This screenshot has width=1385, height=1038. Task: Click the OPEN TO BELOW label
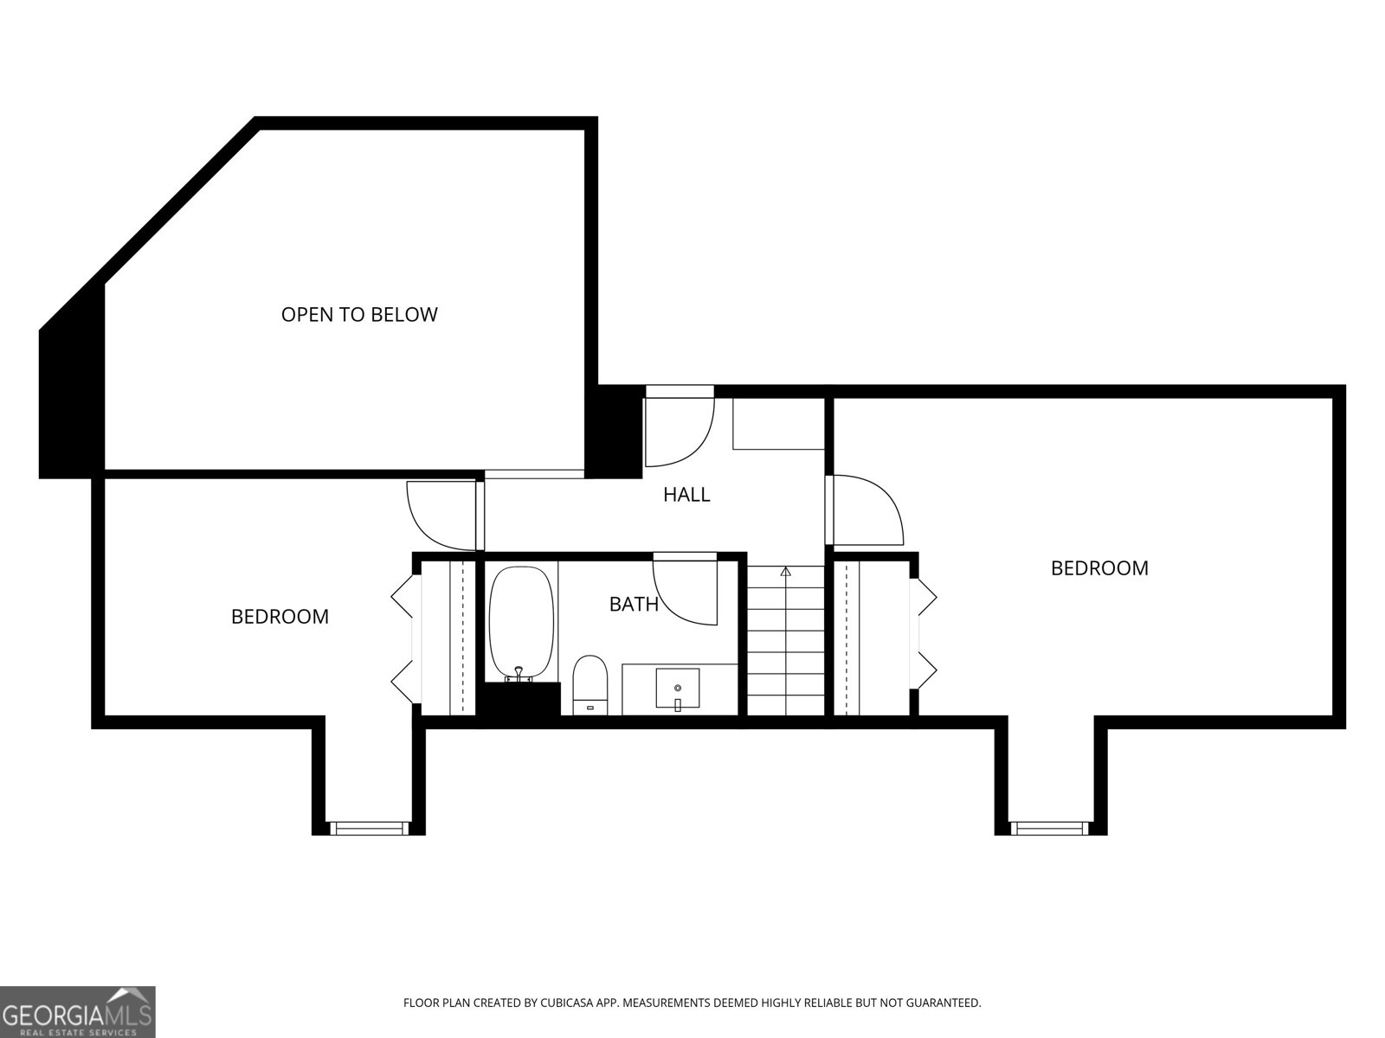click(359, 314)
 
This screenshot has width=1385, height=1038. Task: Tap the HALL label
click(686, 495)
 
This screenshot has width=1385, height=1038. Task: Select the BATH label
click(634, 604)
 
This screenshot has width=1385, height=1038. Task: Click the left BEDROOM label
click(280, 617)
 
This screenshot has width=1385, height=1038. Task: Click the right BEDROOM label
click(1099, 568)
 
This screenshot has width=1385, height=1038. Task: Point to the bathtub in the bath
click(520, 623)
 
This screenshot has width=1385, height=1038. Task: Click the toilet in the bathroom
click(590, 683)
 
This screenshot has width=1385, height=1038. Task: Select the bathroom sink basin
click(677, 689)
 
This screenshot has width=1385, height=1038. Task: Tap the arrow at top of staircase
click(785, 572)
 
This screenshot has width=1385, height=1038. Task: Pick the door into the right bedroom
click(866, 510)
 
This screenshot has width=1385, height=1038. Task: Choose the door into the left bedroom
click(441, 515)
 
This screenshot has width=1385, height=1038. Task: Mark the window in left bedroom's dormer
click(370, 828)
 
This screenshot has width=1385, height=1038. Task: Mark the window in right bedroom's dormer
click(1049, 828)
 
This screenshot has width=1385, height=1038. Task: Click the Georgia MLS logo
click(78, 1013)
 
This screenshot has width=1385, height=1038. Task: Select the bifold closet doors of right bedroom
click(925, 639)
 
